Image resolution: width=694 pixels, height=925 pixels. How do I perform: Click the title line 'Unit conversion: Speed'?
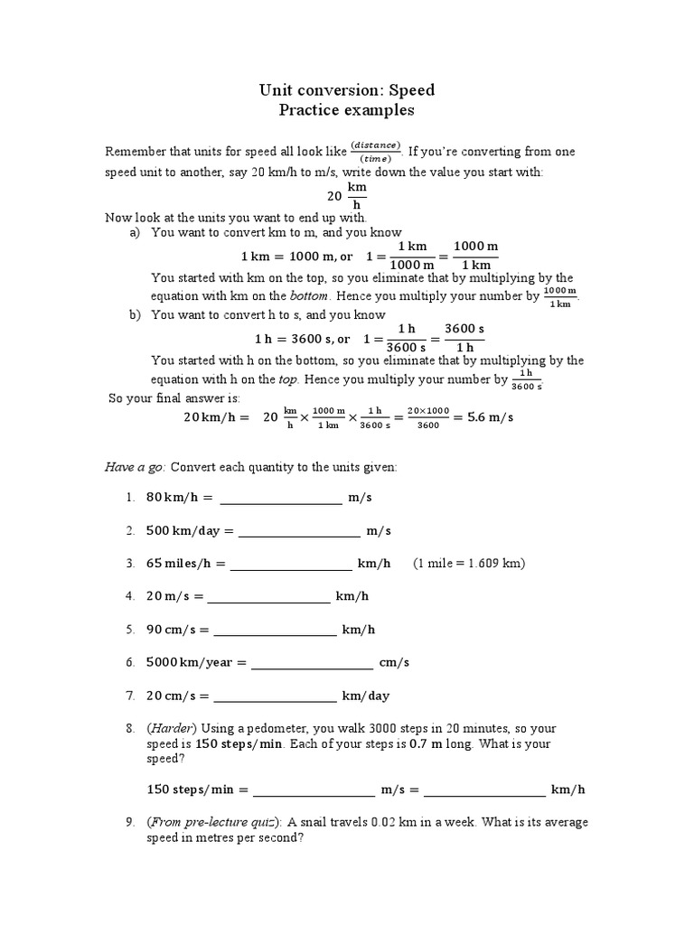[348, 89]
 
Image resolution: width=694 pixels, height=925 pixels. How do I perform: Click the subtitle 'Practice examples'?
[348, 110]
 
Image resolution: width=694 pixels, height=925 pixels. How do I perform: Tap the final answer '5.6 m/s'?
[487, 416]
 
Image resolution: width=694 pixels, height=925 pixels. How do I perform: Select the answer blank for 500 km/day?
[298, 531]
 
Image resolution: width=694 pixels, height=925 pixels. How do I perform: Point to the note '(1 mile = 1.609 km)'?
[469, 564]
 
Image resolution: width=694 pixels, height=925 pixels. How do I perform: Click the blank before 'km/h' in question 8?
[484, 790]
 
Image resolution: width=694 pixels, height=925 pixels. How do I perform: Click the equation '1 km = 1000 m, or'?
[296, 256]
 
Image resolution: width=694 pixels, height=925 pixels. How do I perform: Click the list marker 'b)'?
[136, 315]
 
